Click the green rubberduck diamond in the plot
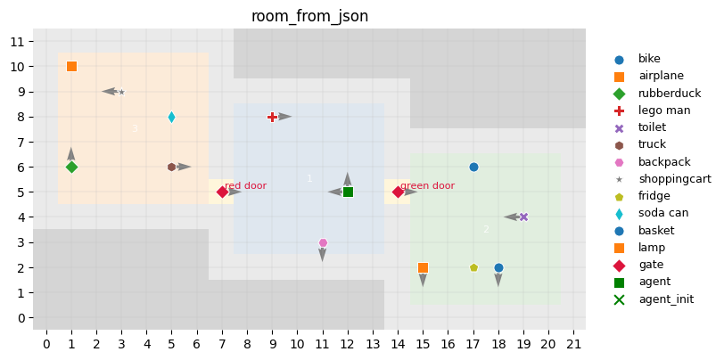point(71,167)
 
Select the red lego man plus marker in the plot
point(273,117)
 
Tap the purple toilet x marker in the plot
point(523,217)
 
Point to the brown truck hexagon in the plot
point(171,167)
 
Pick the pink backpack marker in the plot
point(323,242)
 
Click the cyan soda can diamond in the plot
point(171,117)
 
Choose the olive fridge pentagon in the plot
point(473,267)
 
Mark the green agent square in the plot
point(348,192)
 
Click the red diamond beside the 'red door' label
point(222,192)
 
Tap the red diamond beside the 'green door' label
point(398,192)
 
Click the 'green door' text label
point(427,186)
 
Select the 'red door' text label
point(245,186)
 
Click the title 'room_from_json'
point(309,16)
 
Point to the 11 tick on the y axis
point(17,41)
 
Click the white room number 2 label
point(486,230)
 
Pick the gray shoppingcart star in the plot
point(121,92)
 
